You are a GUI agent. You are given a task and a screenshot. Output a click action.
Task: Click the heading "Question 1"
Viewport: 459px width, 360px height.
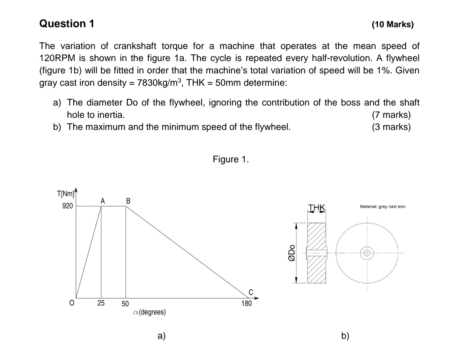[67, 24]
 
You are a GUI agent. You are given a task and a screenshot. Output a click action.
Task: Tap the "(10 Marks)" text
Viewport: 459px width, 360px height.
[392, 24]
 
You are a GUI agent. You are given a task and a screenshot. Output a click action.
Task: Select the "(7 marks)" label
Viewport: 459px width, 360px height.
[391, 115]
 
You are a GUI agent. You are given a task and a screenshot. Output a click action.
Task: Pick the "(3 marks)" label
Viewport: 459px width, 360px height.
[391, 127]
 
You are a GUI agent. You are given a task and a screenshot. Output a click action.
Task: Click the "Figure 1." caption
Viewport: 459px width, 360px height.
[231, 159]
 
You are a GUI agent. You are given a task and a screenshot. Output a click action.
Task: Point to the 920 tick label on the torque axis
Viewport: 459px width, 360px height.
[68, 206]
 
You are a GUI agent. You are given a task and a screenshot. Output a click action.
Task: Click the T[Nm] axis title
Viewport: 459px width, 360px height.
[66, 194]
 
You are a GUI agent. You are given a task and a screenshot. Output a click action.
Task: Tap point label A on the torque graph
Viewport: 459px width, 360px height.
[103, 201]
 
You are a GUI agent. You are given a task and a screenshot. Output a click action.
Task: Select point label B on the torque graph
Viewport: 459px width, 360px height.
[128, 201]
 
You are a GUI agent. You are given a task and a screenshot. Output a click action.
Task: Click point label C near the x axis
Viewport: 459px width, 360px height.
[251, 292]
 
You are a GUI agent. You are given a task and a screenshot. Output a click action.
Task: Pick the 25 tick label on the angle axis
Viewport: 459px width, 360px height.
[101, 303]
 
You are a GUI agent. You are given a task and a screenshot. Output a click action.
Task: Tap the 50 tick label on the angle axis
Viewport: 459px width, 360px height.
[125, 304]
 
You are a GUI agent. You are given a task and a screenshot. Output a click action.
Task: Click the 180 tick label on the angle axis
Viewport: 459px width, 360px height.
[246, 303]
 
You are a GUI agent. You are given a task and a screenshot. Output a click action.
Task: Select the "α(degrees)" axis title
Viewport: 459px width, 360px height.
[149, 312]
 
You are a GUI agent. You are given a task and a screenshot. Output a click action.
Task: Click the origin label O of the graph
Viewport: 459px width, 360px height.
[72, 303]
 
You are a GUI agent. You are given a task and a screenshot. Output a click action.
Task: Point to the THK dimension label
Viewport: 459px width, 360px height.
[317, 207]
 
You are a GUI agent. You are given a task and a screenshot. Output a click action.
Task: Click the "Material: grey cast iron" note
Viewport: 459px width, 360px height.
[382, 207]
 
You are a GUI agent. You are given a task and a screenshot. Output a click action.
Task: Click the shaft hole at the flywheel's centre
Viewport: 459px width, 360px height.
[367, 253]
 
